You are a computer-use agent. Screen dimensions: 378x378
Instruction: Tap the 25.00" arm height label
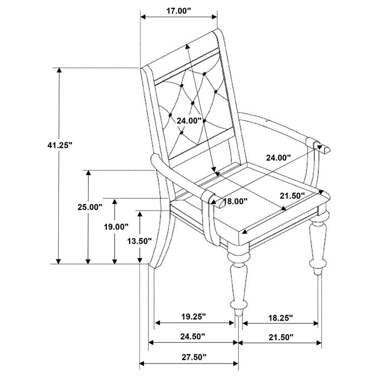click(x=89, y=207)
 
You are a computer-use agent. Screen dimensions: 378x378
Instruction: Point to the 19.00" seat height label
click(x=116, y=227)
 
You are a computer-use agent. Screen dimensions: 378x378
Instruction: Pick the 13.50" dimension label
click(x=137, y=241)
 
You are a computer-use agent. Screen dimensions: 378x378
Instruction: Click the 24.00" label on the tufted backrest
click(x=189, y=121)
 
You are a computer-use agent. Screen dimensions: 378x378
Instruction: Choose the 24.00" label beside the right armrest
click(x=278, y=157)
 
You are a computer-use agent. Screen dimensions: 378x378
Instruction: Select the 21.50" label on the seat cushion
click(x=292, y=195)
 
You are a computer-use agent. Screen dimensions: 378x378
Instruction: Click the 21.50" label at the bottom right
click(x=280, y=337)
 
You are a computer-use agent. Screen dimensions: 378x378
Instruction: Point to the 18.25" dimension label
click(x=280, y=315)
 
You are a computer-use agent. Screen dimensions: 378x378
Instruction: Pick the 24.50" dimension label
click(x=193, y=337)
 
